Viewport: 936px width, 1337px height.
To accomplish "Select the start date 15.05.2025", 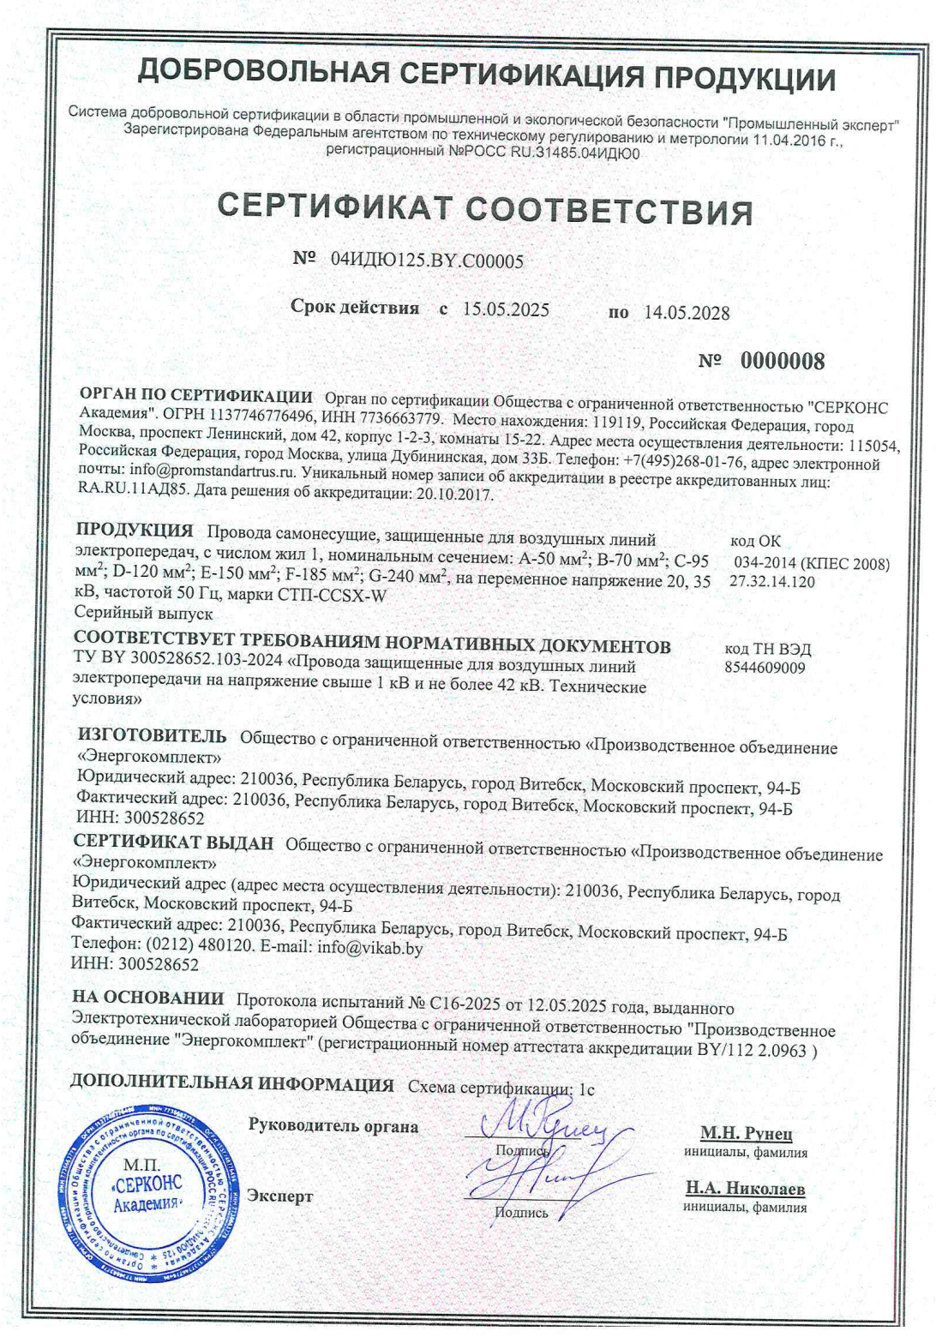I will [x=506, y=309].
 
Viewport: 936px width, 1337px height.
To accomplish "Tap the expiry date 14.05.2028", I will [x=687, y=313].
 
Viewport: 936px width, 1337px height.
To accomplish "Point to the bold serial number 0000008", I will [x=783, y=361].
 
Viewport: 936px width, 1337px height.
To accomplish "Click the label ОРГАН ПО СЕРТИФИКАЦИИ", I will [x=195, y=397].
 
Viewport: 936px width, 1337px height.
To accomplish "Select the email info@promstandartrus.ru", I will [x=212, y=471].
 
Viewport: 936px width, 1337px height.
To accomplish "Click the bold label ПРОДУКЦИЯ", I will [x=135, y=531].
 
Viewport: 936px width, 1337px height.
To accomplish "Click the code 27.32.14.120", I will [x=772, y=582].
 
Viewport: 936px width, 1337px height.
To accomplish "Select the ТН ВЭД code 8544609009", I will [x=765, y=668].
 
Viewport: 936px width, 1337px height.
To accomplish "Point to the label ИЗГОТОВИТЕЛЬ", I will [x=152, y=736].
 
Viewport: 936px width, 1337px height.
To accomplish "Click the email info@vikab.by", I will [x=369, y=948].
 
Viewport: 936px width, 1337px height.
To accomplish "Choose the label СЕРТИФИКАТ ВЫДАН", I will [x=173, y=842].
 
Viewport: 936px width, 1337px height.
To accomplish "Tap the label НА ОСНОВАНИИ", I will [x=147, y=998].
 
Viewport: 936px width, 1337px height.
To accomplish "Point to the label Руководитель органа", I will [x=333, y=1126].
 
